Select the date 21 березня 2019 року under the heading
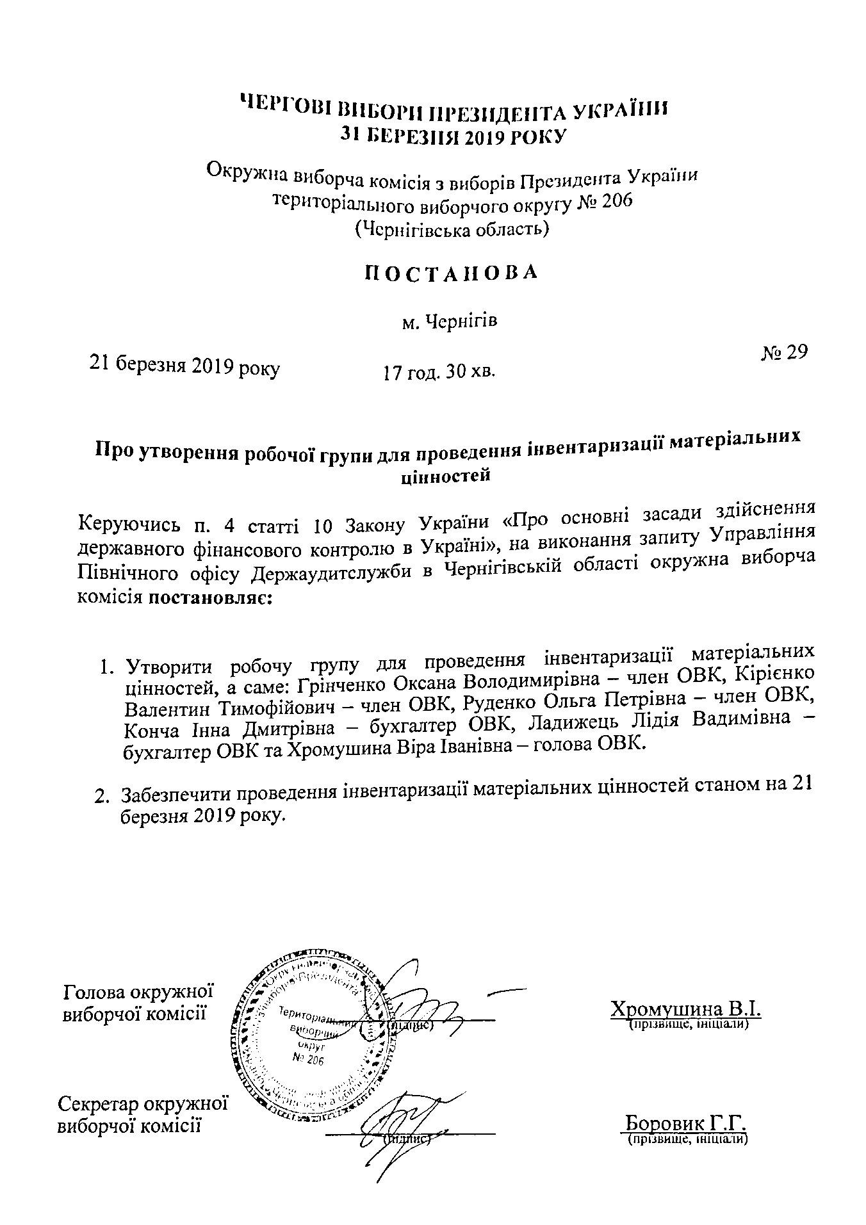click(x=184, y=367)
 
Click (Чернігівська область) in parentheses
click(x=452, y=229)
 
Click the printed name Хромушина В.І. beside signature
click(x=685, y=1009)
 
